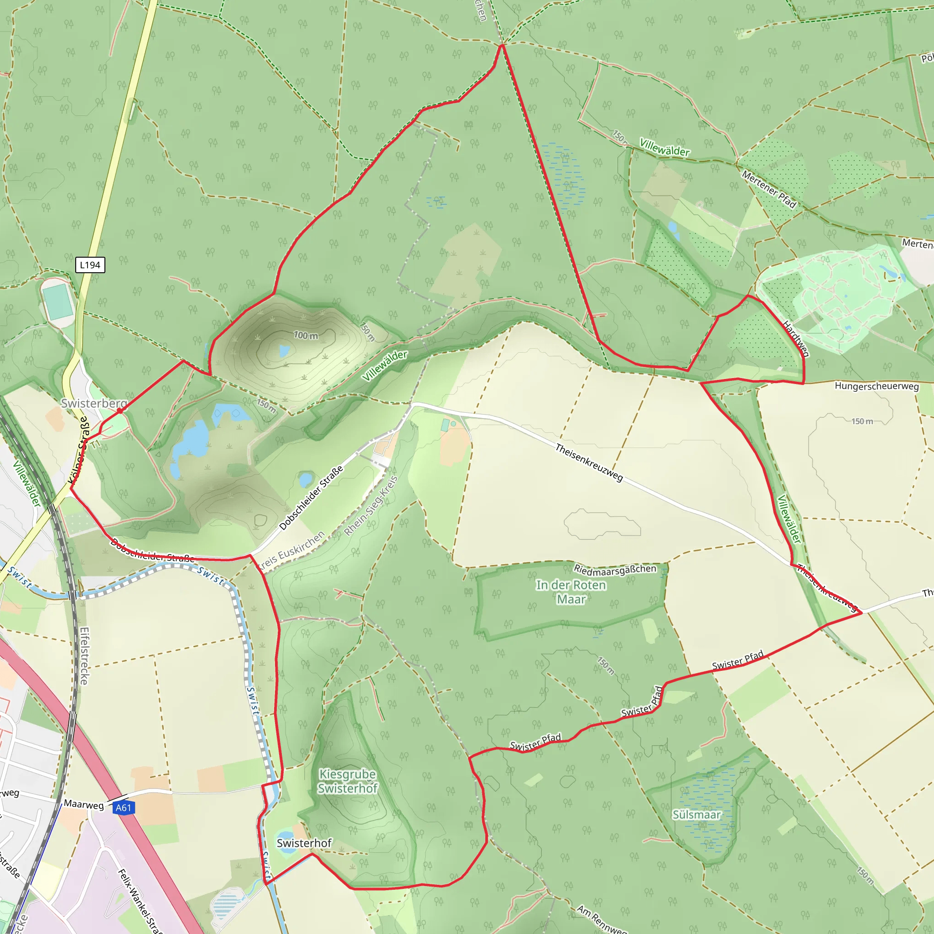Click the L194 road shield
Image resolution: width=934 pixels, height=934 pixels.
coord(90,265)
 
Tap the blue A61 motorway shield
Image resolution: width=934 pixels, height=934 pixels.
coord(123,807)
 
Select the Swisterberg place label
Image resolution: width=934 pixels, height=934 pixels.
coord(94,403)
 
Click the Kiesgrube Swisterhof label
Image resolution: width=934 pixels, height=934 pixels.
coord(347,781)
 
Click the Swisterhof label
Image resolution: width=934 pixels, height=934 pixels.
coord(304,843)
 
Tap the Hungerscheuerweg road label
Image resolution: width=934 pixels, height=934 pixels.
coord(877,386)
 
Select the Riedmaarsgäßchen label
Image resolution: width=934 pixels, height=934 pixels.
coord(615,570)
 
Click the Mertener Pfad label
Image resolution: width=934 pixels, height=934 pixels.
coord(768,189)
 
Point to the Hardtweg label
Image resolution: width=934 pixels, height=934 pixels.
coord(795,338)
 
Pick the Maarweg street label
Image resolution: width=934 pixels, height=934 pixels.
coord(83,804)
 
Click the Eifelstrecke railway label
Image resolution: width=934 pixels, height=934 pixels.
coord(84,656)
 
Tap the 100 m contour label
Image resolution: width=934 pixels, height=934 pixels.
coord(306,335)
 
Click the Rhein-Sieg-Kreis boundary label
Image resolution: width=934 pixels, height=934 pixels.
coord(371,506)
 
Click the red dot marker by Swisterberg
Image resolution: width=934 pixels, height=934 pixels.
coord(120,410)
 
